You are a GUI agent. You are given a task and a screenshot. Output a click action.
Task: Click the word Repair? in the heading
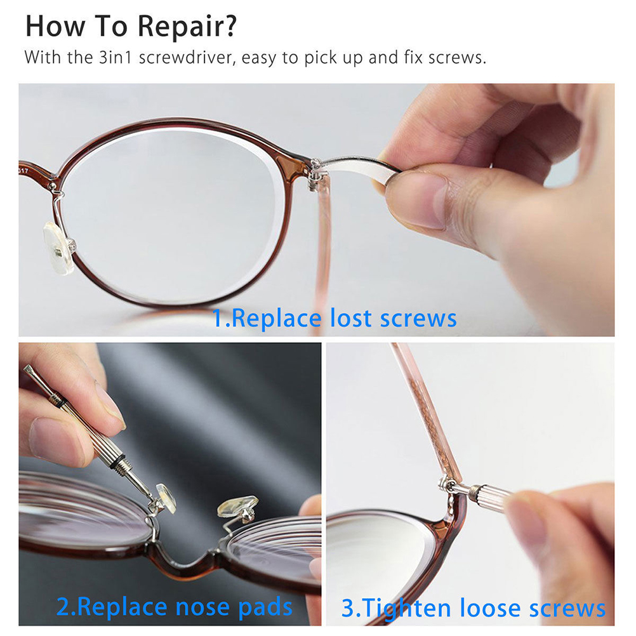[x=187, y=27]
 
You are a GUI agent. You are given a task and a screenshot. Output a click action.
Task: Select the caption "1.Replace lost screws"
[x=335, y=318]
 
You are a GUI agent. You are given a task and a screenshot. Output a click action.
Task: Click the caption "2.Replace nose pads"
[x=175, y=607]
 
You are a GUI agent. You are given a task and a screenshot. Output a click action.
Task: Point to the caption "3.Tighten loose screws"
[x=474, y=609]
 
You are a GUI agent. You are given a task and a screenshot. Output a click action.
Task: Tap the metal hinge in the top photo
[x=315, y=175]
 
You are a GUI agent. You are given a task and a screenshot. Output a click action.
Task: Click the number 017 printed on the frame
[x=23, y=171]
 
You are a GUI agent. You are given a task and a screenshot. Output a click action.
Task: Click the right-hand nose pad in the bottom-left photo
[x=237, y=507]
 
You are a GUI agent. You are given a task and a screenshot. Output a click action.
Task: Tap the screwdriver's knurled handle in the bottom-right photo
[x=489, y=492]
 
